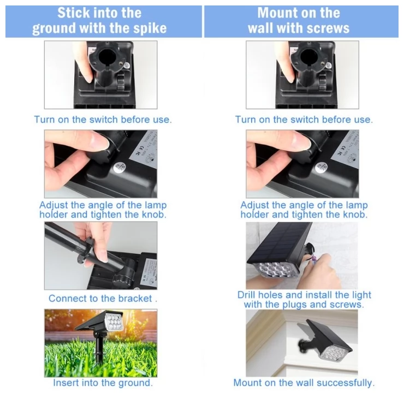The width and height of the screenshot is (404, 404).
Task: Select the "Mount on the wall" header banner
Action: (302, 21)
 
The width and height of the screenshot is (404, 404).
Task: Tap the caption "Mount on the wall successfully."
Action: (304, 383)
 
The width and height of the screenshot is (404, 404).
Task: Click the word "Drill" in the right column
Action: (249, 295)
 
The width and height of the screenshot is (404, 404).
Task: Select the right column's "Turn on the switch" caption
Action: (304, 119)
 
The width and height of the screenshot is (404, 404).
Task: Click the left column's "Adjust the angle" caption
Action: (103, 210)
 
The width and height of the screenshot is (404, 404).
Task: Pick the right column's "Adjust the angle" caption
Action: (304, 210)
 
